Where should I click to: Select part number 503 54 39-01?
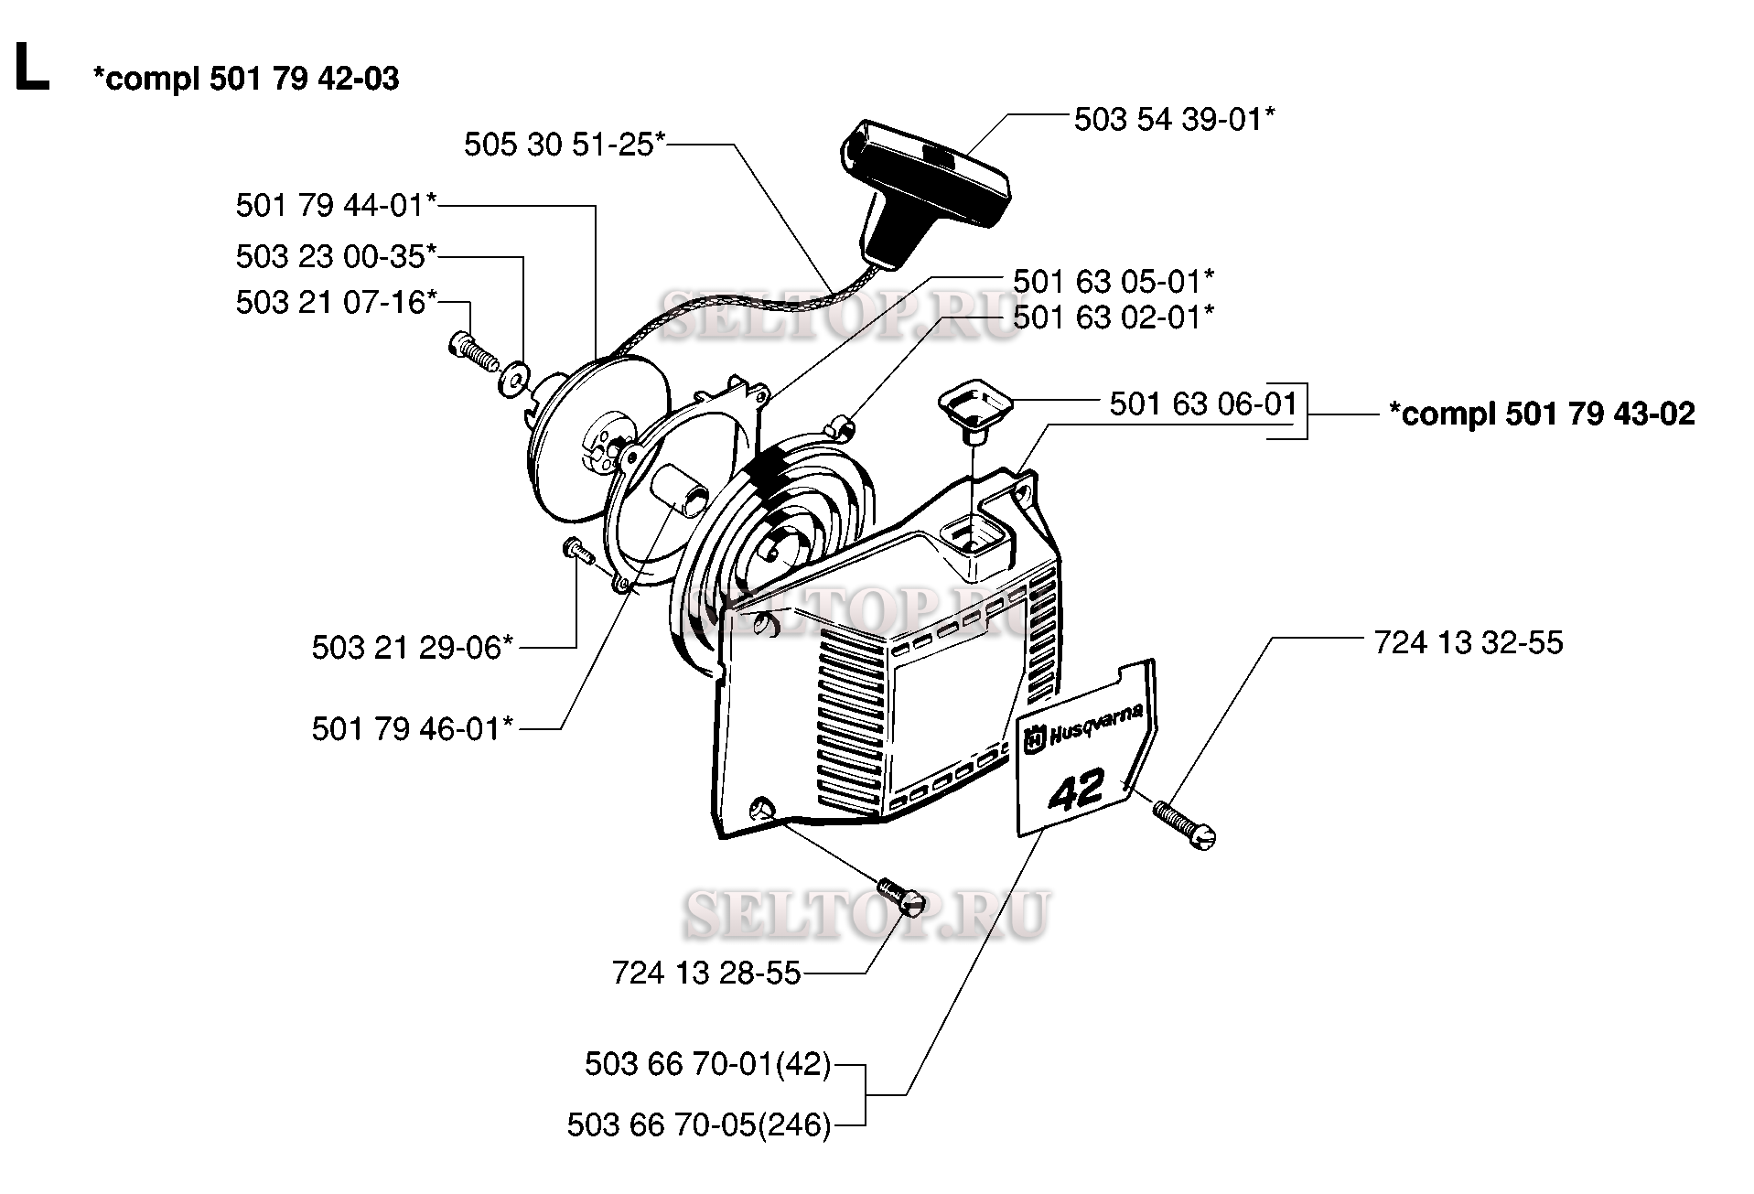point(1174,119)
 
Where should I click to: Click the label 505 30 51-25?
point(565,144)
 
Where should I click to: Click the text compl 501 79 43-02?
point(1542,414)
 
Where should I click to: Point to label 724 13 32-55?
point(1469,642)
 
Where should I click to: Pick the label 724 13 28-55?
point(706,973)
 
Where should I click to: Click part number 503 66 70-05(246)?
point(699,1124)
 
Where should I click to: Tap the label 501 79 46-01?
point(412,728)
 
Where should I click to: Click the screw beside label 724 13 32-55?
point(1184,825)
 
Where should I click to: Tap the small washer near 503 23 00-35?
point(511,378)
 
